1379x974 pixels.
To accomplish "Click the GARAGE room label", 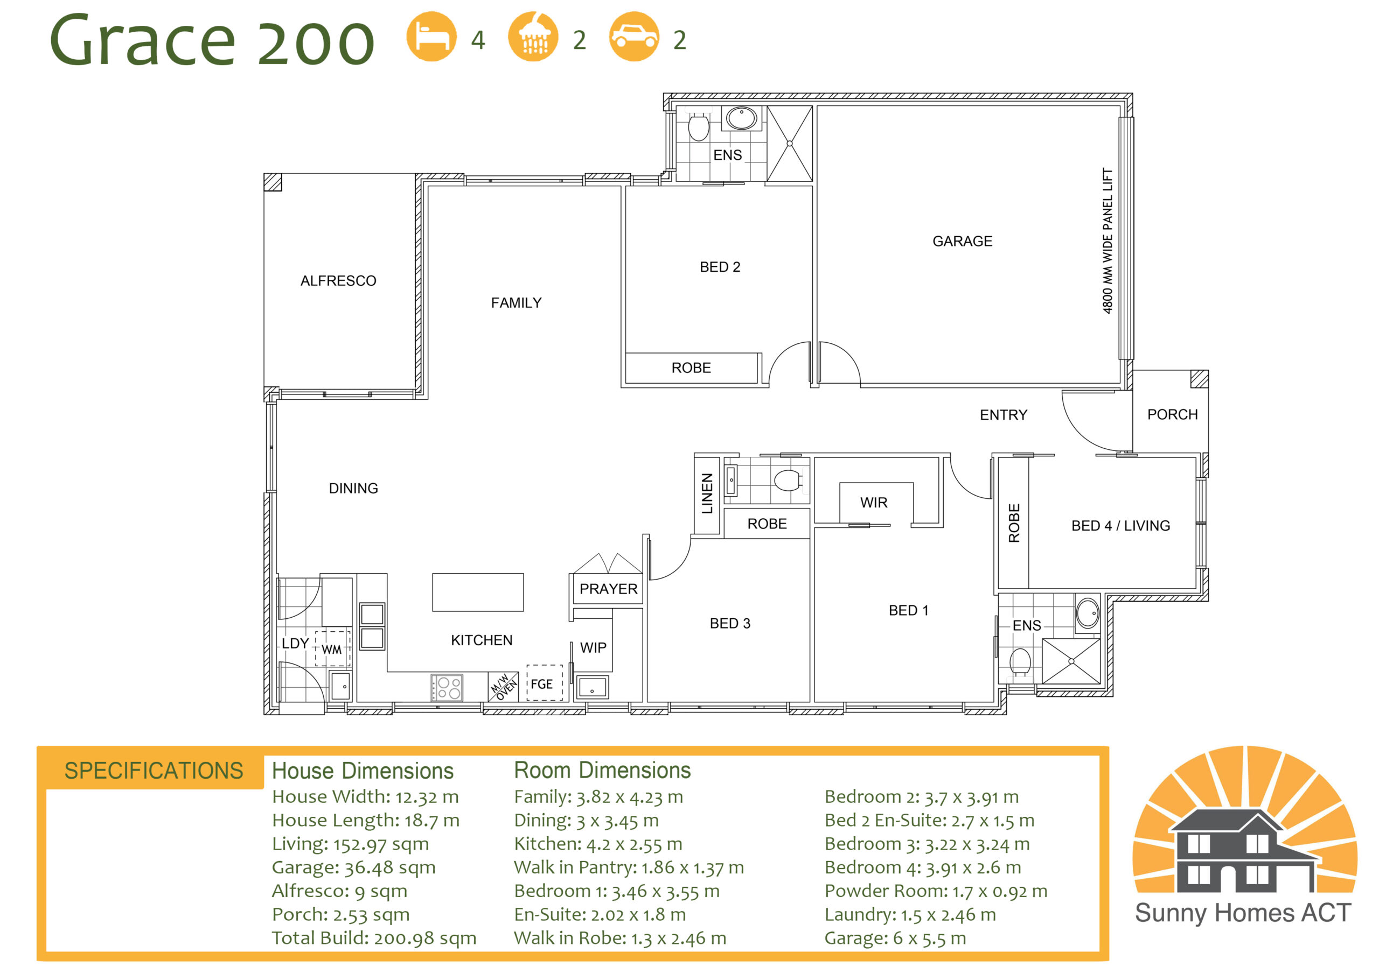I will (x=962, y=241).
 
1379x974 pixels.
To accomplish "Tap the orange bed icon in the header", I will (x=431, y=37).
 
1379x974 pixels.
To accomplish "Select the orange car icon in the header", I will (x=633, y=37).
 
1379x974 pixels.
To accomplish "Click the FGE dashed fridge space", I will (x=544, y=683).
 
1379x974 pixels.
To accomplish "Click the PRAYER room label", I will (x=608, y=589).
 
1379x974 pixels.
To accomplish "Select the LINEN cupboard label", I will (x=707, y=494).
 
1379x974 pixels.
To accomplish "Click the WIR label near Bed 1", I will (x=873, y=502).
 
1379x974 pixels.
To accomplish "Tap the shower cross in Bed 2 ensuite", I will (x=789, y=144).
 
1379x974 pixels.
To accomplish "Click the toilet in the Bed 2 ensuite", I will (x=698, y=126).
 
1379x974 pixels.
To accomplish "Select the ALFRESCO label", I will (x=338, y=281).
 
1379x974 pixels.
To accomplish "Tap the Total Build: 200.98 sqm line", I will (x=374, y=938).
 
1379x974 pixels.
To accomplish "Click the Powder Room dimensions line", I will (x=935, y=891).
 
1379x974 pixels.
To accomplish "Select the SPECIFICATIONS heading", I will (x=154, y=771).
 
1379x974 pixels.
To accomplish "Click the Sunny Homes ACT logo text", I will (x=1243, y=913).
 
